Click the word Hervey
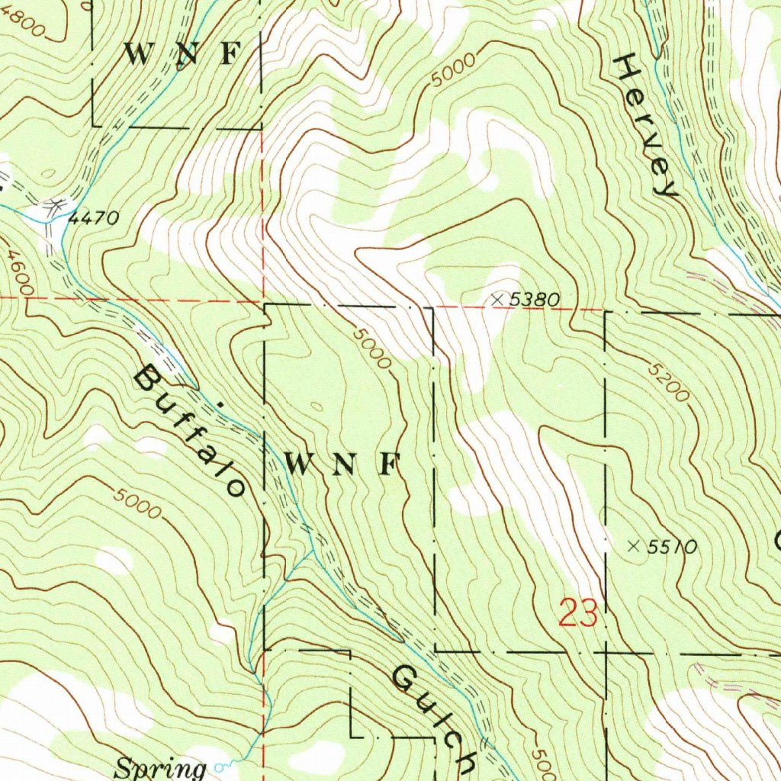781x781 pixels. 646,127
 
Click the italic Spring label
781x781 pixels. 160,767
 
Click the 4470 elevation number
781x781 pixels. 94,219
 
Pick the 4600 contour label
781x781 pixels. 18,275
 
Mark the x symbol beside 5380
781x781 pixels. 498,300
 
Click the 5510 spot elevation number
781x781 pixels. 672,546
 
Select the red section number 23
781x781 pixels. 577,613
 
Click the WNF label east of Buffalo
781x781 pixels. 342,463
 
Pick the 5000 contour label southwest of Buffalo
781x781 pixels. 138,503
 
